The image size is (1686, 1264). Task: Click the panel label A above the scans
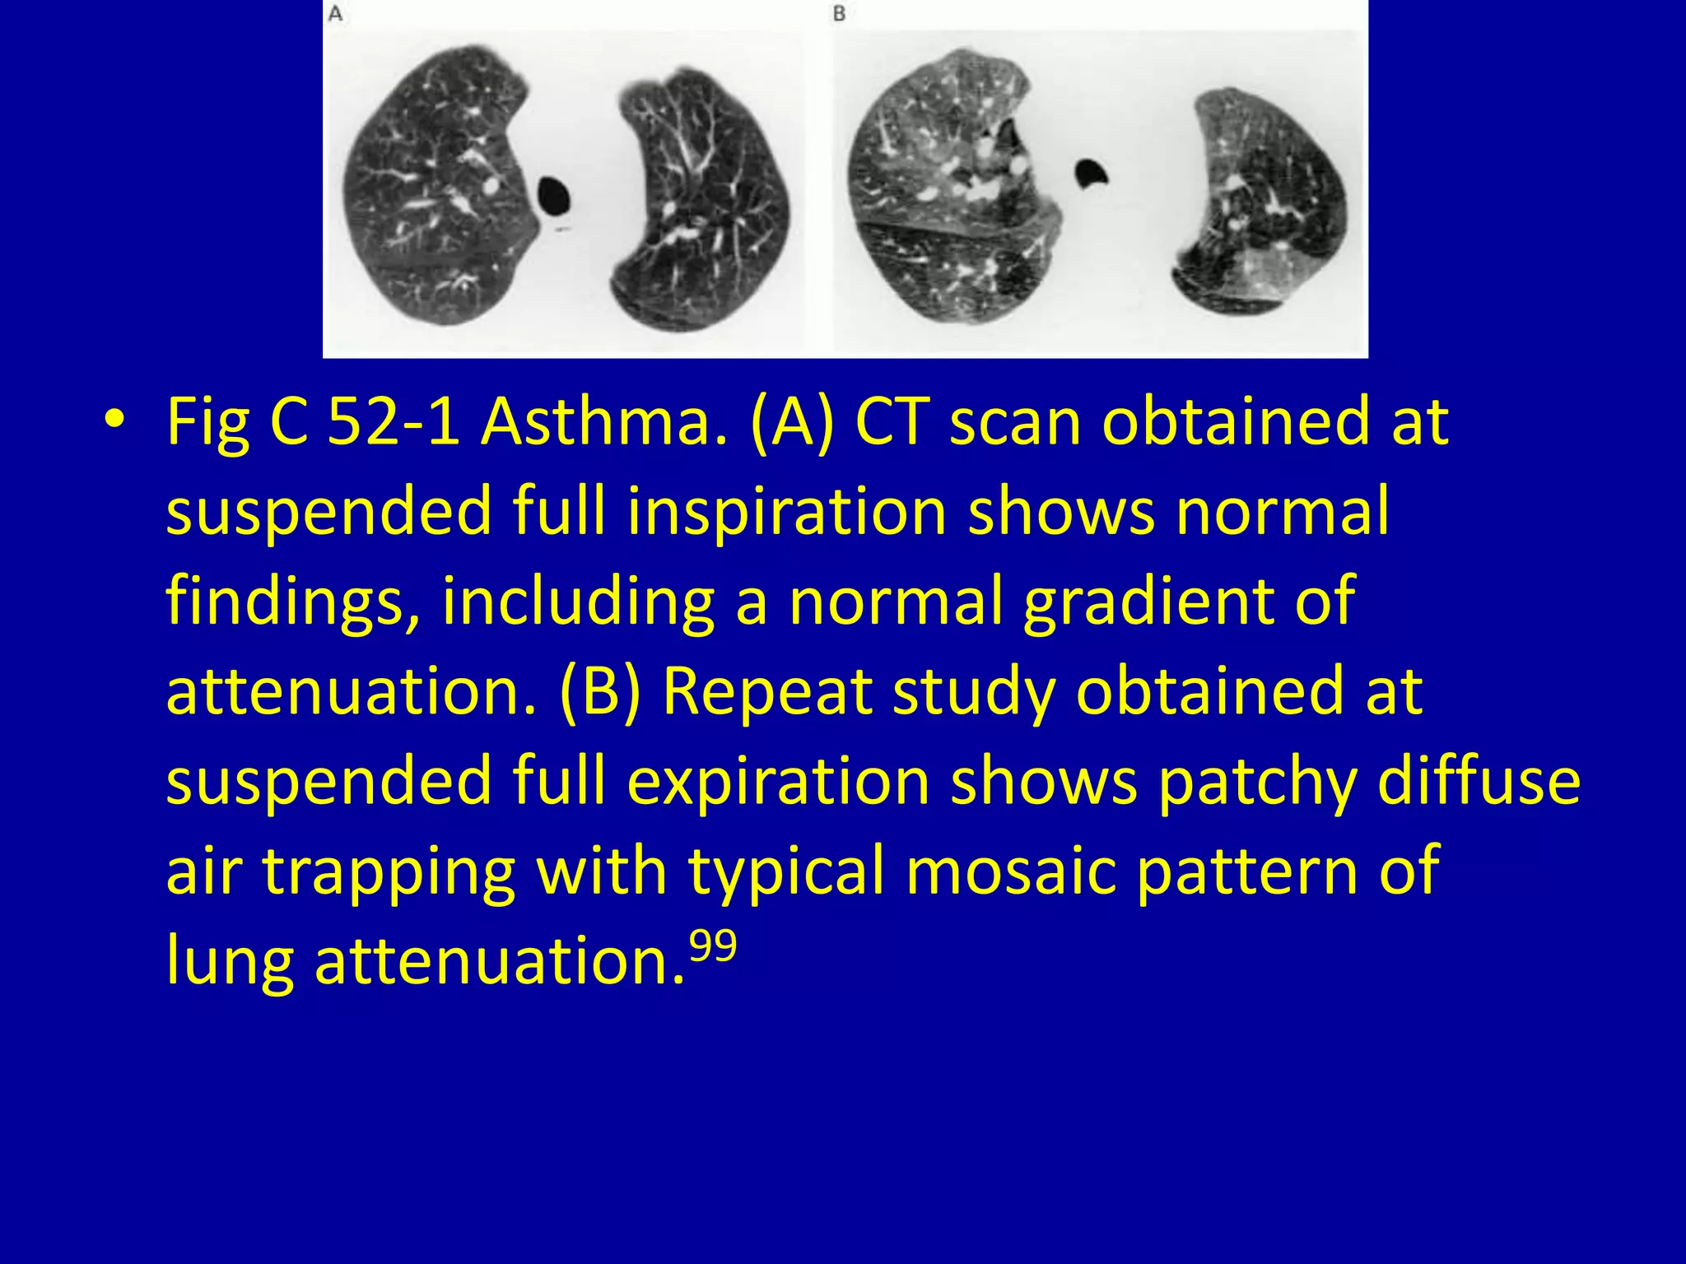[x=335, y=14]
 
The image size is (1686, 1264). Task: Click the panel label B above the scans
[x=839, y=14]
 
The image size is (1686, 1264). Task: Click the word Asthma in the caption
[x=604, y=422]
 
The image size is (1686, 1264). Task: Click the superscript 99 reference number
[x=712, y=946]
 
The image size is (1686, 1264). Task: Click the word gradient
[x=1144, y=602]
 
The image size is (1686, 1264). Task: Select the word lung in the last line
[x=230, y=961]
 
